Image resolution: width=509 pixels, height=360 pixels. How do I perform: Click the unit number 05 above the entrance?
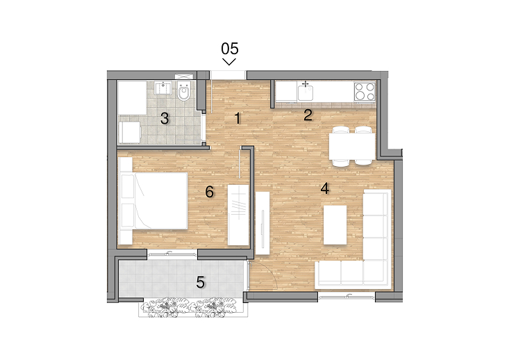click(230, 49)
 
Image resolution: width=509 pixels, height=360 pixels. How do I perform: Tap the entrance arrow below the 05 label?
click(229, 62)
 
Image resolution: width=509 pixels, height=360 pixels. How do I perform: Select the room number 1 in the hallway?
click(238, 119)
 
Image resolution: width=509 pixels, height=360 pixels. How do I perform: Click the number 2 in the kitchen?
click(308, 115)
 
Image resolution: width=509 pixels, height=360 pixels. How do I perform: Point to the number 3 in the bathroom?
click(165, 119)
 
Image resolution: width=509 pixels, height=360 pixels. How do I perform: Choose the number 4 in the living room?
click(324, 188)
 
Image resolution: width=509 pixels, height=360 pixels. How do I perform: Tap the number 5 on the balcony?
click(201, 282)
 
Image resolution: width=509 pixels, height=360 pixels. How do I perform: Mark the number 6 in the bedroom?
click(210, 192)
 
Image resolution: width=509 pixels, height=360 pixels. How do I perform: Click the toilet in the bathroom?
click(184, 91)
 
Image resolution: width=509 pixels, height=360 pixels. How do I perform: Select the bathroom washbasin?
click(163, 88)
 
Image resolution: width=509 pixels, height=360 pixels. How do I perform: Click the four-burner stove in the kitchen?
click(365, 91)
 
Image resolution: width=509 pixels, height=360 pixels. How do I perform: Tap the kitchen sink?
click(306, 91)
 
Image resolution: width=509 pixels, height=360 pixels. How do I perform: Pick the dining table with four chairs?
click(352, 146)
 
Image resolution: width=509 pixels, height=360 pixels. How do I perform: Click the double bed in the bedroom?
click(153, 201)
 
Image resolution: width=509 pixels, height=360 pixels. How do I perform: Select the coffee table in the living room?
click(335, 225)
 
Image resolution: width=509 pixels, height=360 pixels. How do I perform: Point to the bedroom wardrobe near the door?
click(238, 215)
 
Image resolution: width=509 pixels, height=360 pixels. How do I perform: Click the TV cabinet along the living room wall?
click(262, 223)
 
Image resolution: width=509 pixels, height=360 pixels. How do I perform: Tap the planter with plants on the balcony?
click(193, 307)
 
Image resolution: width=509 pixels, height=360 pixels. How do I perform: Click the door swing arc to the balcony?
click(267, 272)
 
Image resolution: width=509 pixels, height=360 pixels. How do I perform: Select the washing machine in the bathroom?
click(130, 133)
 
